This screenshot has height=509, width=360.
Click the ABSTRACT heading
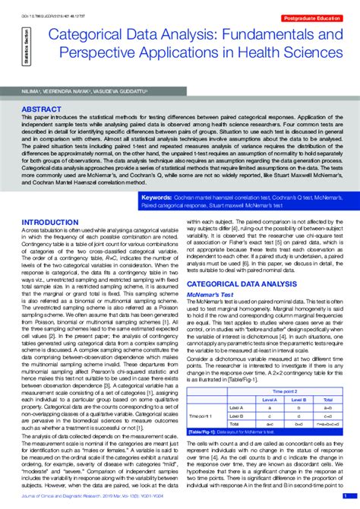42,109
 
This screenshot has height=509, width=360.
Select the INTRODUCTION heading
52,222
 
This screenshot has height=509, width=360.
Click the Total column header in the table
327,398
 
